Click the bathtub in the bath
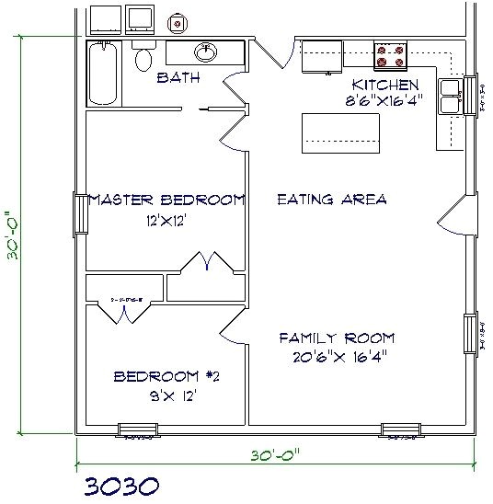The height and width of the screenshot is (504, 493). point(104,74)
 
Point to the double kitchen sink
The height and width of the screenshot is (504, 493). point(451,97)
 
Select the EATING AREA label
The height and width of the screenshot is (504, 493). point(331,199)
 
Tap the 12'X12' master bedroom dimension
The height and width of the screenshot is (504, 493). point(166,221)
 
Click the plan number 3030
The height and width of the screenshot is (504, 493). point(117,485)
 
